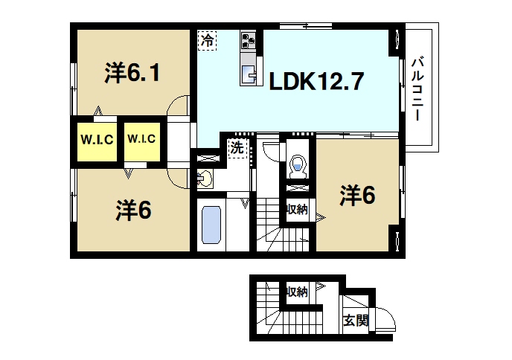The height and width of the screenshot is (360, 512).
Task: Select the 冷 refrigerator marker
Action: click(208, 40)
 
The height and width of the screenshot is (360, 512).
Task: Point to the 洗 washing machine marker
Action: click(236, 147)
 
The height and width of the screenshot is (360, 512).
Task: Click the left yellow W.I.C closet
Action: click(96, 139)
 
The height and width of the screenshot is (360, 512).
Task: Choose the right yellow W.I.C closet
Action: click(141, 138)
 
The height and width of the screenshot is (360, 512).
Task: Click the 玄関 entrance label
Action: click(356, 321)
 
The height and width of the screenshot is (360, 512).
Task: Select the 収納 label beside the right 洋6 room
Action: click(298, 210)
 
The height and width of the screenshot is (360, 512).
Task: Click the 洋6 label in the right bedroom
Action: click(358, 196)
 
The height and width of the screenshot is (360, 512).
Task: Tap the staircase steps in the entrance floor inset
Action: click(268, 312)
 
